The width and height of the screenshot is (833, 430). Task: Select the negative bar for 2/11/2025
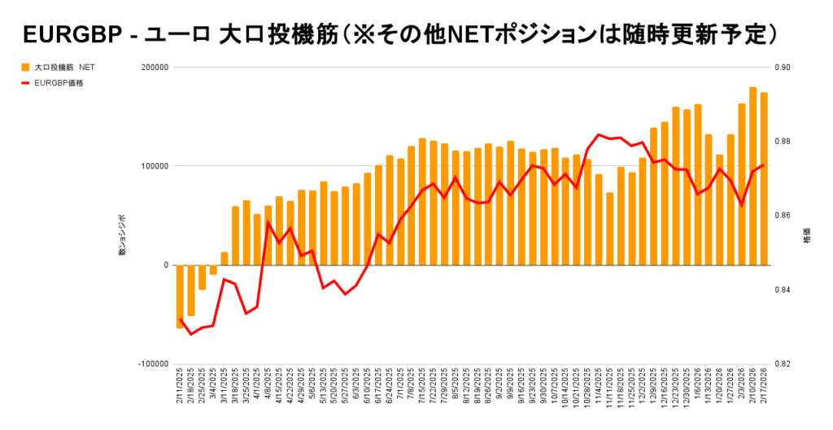coord(181,296)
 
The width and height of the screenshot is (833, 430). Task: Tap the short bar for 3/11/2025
coord(225,259)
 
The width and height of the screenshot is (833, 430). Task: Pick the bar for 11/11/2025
coord(609,229)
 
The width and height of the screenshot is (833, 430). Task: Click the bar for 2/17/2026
coord(764,179)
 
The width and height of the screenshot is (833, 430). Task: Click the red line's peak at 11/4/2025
coord(599,134)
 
